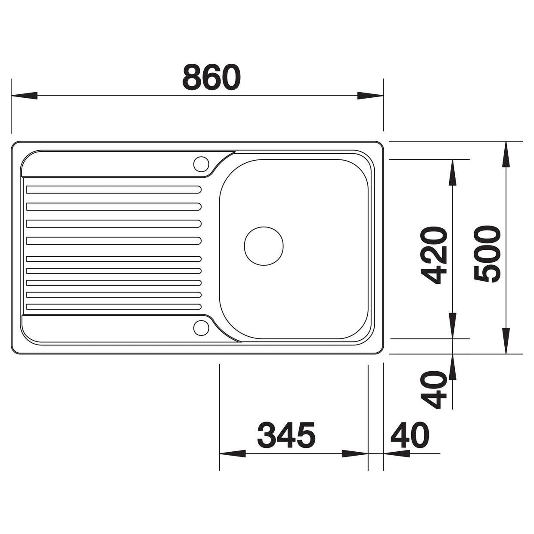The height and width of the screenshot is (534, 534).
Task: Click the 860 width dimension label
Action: (211, 77)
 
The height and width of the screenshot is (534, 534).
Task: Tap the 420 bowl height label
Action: (434, 255)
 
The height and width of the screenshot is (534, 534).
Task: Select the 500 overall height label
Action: (487, 254)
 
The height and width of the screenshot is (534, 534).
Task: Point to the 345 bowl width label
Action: (286, 435)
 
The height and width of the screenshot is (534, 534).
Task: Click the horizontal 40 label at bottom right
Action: (410, 435)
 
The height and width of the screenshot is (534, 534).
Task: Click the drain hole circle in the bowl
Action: (264, 246)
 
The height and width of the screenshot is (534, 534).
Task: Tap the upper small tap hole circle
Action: (201, 164)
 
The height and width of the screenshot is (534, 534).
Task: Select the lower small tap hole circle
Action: (201, 328)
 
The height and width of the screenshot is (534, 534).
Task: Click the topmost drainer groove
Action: (114, 189)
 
